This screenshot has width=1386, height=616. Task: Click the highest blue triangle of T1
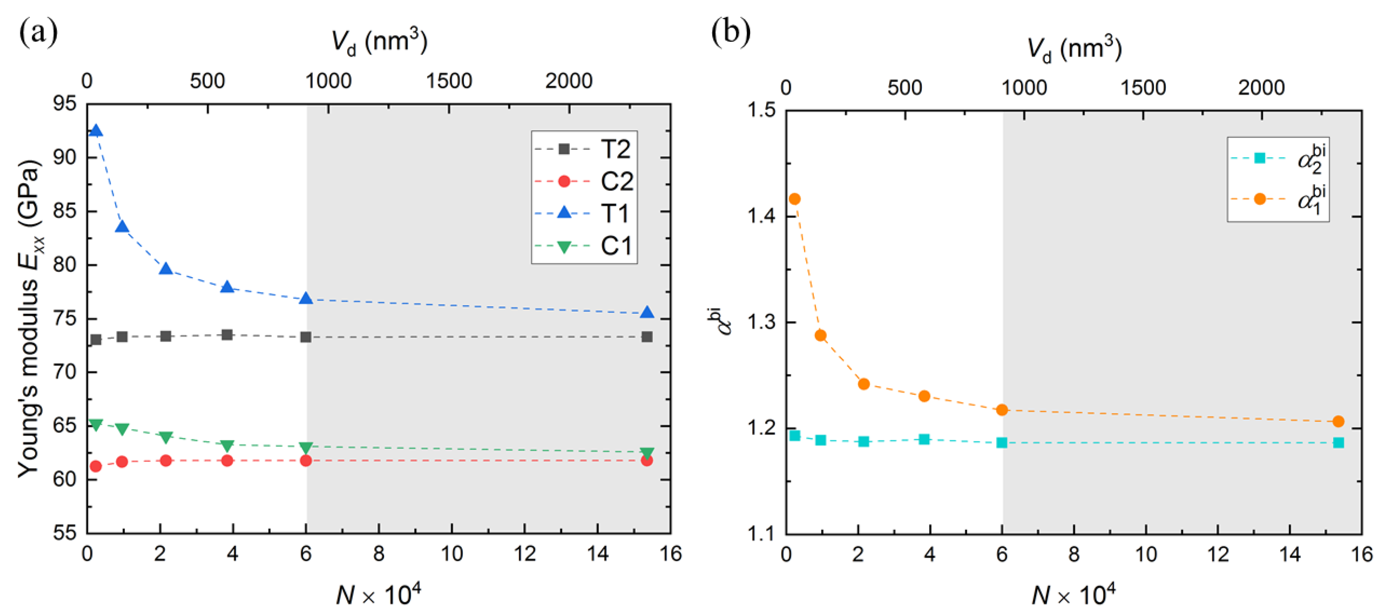click(x=96, y=131)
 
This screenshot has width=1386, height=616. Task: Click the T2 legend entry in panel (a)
click(x=584, y=149)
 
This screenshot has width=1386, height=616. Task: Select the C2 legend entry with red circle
click(x=584, y=181)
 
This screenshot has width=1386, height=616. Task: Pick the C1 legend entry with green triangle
click(x=584, y=246)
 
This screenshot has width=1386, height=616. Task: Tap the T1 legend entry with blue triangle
click(x=584, y=214)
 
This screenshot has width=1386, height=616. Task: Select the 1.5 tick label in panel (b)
click(x=761, y=110)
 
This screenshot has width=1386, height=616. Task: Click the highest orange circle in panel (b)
click(x=794, y=199)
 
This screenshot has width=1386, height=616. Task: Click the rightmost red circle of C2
click(x=647, y=460)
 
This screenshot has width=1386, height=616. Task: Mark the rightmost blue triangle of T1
click(x=647, y=313)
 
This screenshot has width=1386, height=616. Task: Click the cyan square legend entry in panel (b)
click(x=1278, y=159)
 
